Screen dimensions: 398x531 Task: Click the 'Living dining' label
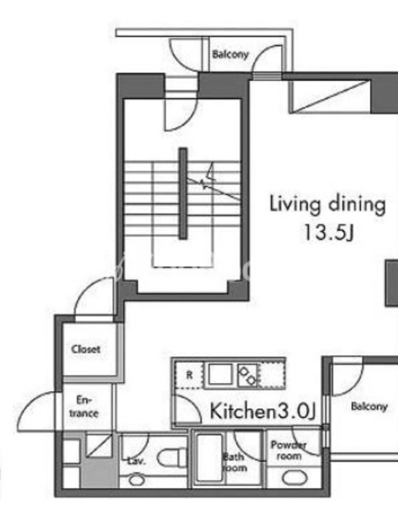pyautogui.click(x=327, y=204)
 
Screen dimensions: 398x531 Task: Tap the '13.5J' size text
pyautogui.click(x=328, y=232)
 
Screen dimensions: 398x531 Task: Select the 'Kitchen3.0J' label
pyautogui.click(x=263, y=411)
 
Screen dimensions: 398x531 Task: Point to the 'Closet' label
pyautogui.click(x=86, y=349)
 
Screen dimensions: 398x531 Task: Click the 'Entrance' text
pyautogui.click(x=84, y=407)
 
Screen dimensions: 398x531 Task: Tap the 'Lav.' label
pyautogui.click(x=137, y=461)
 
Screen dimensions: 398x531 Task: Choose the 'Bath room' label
pyautogui.click(x=235, y=463)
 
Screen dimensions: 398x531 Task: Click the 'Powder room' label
pyautogui.click(x=289, y=451)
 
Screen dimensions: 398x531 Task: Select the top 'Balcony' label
pyautogui.click(x=230, y=54)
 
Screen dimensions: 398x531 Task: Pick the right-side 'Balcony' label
pyautogui.click(x=369, y=406)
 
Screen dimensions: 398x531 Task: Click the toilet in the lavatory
pyautogui.click(x=172, y=457)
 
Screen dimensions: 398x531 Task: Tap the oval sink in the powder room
pyautogui.click(x=295, y=478)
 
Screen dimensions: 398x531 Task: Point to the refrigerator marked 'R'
pyautogui.click(x=189, y=375)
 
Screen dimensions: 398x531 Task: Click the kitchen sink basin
pyautogui.click(x=220, y=374)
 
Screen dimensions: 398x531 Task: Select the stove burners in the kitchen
pyautogui.click(x=247, y=375)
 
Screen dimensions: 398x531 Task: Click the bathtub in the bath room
pyautogui.click(x=210, y=457)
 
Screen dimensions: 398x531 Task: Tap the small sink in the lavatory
pyautogui.click(x=137, y=479)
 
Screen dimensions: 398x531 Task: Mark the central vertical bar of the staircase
pyautogui.click(x=183, y=194)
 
